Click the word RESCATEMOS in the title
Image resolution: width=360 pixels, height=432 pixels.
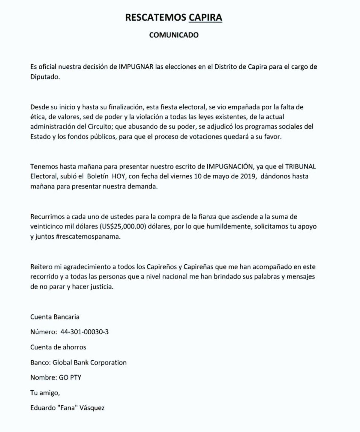coord(155,18)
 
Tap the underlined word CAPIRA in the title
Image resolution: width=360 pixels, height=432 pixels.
coord(205,18)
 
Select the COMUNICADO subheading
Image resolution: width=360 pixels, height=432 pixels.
coord(174,35)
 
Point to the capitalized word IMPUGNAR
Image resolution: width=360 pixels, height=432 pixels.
coord(136,67)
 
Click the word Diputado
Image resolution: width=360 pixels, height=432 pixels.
coord(45,77)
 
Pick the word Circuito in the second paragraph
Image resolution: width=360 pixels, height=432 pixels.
coord(98,127)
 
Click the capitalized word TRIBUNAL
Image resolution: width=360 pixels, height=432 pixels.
coord(301,166)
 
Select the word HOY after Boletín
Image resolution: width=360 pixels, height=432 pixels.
coord(116,177)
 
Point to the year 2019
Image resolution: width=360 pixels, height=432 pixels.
coord(247,177)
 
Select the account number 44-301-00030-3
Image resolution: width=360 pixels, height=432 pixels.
coord(85,332)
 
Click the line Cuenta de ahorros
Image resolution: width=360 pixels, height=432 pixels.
coord(58,347)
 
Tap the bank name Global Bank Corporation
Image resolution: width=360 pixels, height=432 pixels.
coord(89,362)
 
